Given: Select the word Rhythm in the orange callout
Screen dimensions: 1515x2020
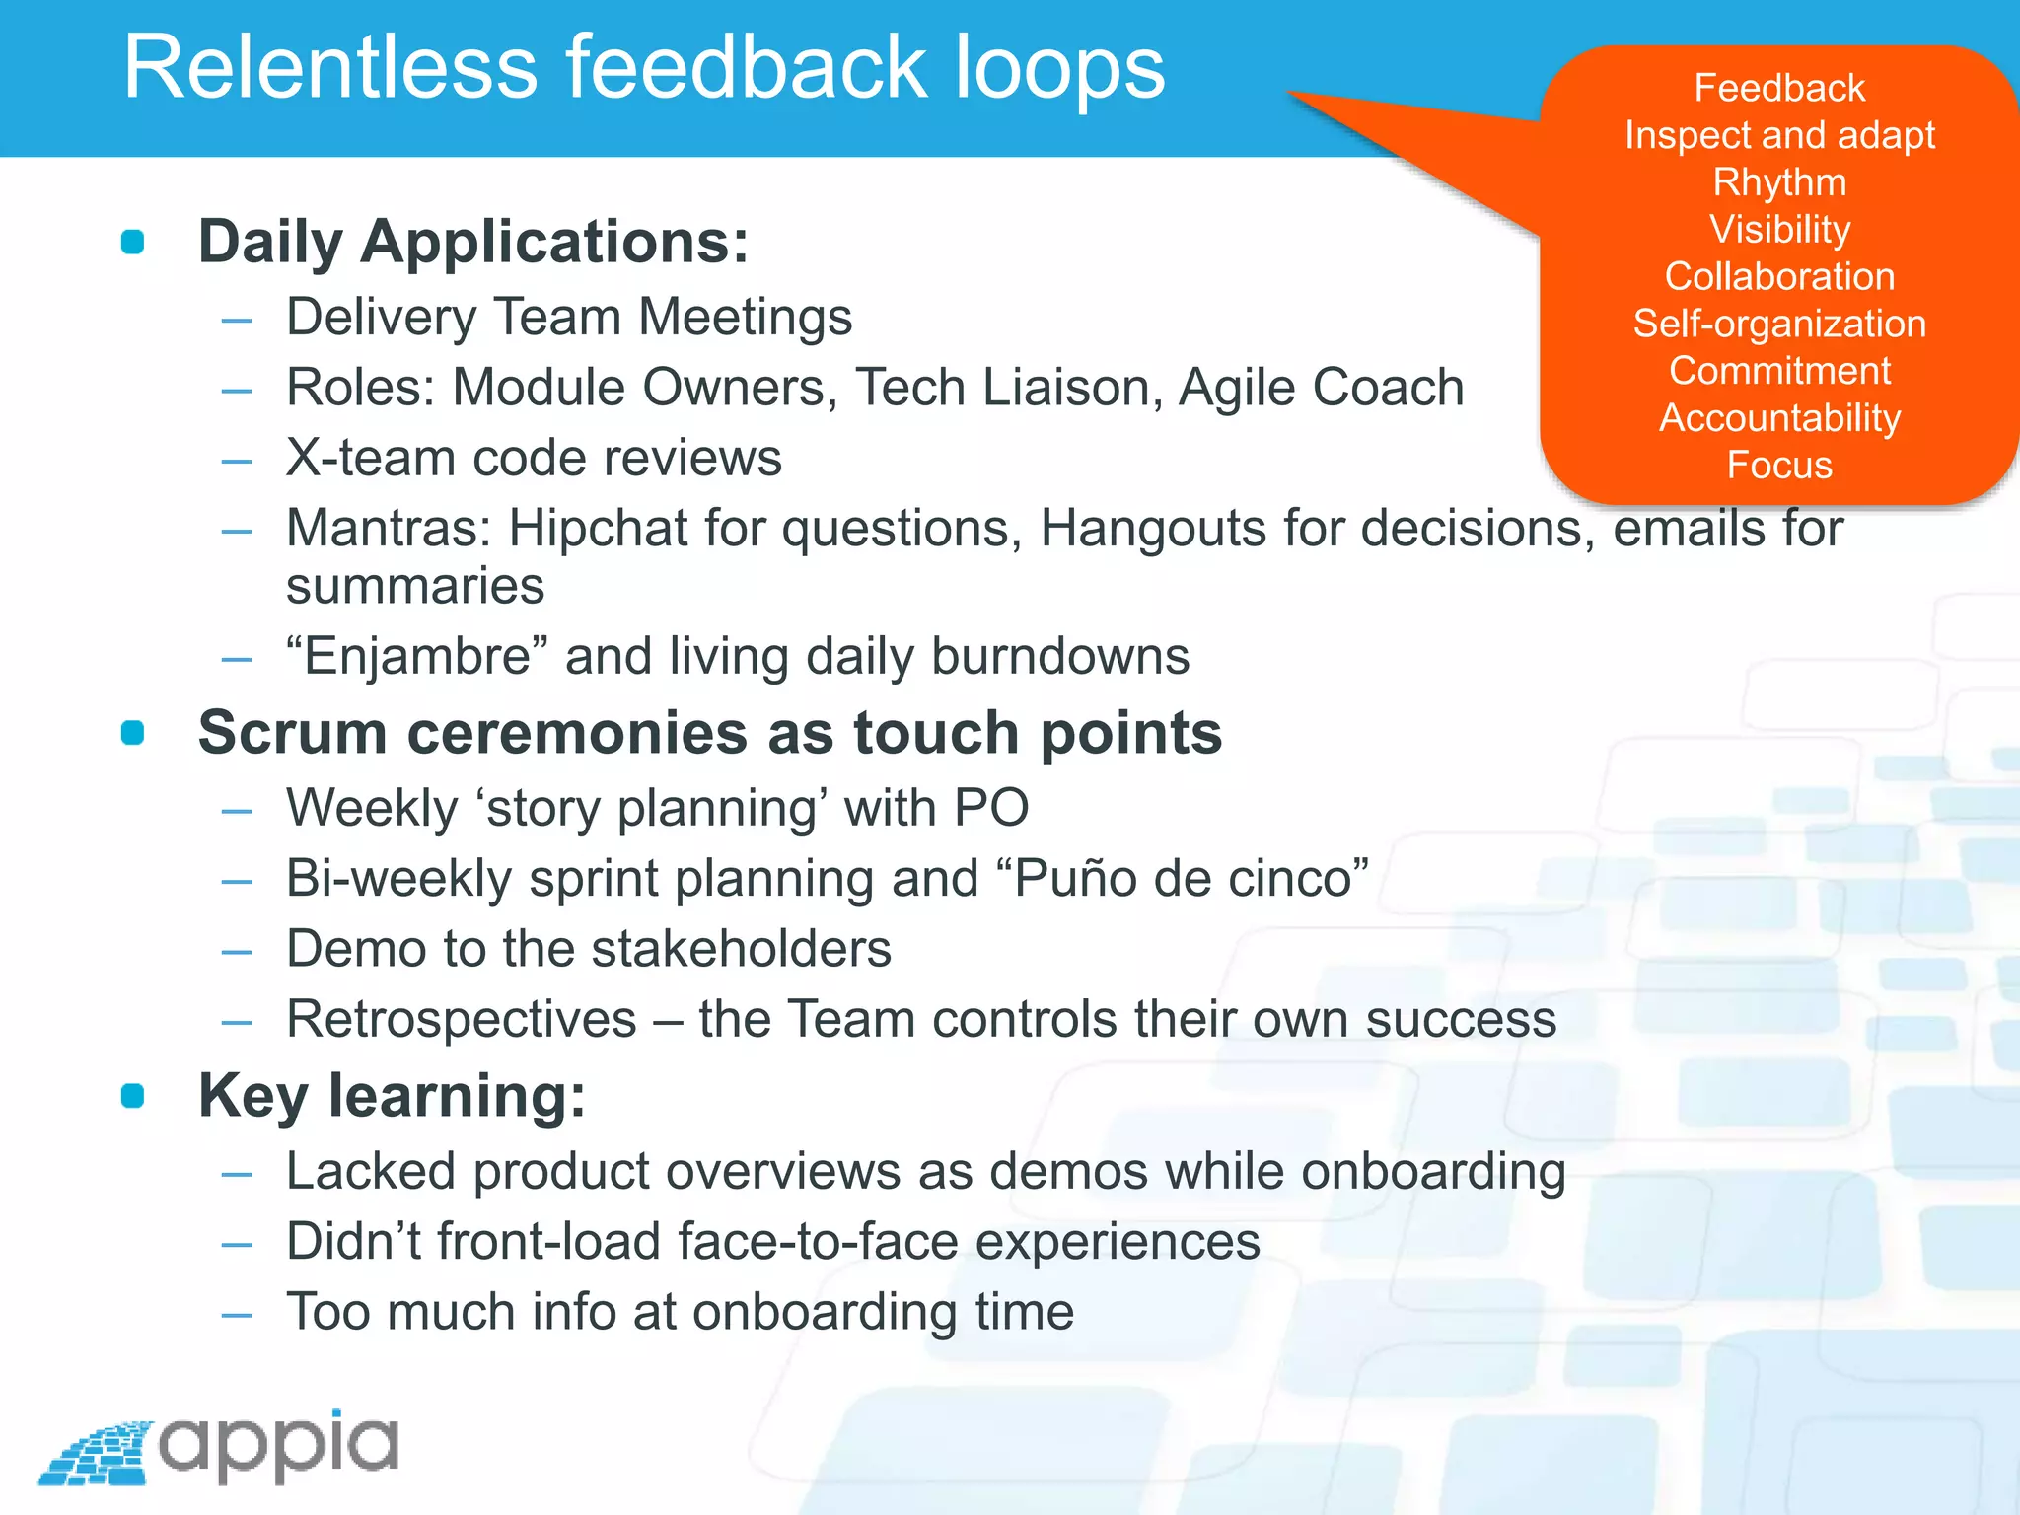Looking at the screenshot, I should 1779,182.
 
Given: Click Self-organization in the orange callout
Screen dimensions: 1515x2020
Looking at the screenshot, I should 1779,324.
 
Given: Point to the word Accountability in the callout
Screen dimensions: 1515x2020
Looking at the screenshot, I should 1779,418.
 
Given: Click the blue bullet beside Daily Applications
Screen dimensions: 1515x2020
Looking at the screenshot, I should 132,242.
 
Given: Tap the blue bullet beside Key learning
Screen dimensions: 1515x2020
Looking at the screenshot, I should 132,1096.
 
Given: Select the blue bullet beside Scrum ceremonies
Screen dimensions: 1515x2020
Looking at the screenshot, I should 132,733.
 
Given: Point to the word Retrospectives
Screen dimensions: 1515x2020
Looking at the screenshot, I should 462,1019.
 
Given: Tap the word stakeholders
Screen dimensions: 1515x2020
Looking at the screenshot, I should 741,949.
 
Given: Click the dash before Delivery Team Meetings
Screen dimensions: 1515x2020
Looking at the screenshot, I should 237,320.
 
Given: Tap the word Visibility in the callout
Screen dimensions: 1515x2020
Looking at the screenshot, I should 1779,230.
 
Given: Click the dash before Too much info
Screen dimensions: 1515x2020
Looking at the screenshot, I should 237,1314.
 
